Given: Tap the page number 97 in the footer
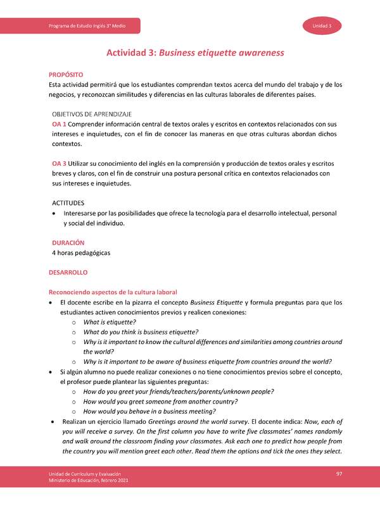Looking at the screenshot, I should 339,474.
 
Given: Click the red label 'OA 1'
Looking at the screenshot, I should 60,124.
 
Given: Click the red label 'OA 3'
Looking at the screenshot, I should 60,164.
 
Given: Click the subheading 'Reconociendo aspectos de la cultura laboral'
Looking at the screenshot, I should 108,292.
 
